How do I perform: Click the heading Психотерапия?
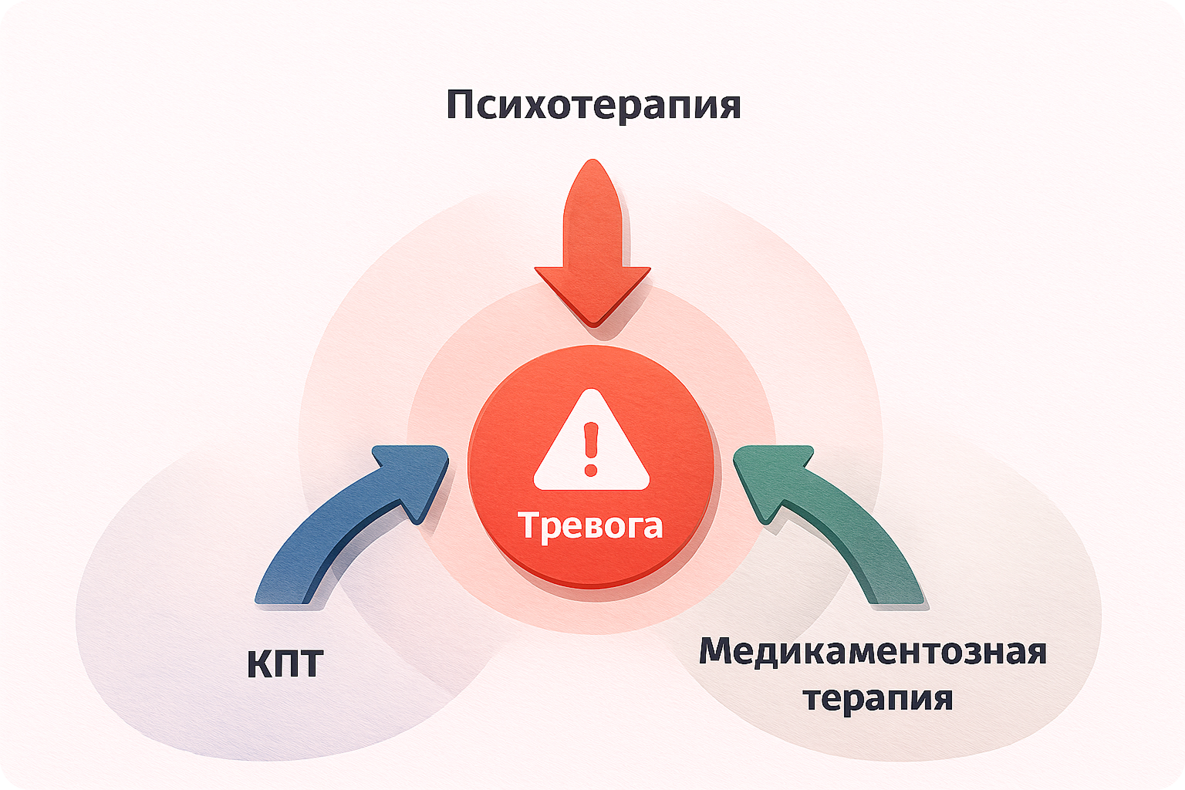592,104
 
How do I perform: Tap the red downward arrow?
592,247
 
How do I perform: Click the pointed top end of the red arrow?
592,164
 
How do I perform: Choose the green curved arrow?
833,525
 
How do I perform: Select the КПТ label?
285,663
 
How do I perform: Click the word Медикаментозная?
873,652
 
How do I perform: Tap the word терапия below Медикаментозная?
878,698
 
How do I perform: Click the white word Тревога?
591,525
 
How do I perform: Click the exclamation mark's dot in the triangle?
591,468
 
